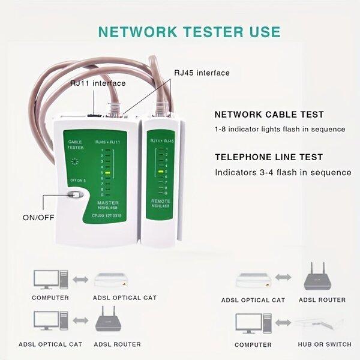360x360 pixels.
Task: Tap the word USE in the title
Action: (x=262, y=31)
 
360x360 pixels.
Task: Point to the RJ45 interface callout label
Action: (x=202, y=73)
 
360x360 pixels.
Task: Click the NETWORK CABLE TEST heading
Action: (x=269, y=115)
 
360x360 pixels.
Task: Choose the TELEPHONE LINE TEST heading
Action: (x=269, y=157)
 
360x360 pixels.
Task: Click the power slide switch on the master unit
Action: (x=75, y=195)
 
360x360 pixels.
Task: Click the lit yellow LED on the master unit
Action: (x=106, y=172)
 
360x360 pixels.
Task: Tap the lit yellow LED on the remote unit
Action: (x=161, y=172)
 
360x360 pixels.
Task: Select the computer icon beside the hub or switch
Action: (x=249, y=324)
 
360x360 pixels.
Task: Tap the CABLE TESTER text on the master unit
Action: (x=76, y=145)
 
